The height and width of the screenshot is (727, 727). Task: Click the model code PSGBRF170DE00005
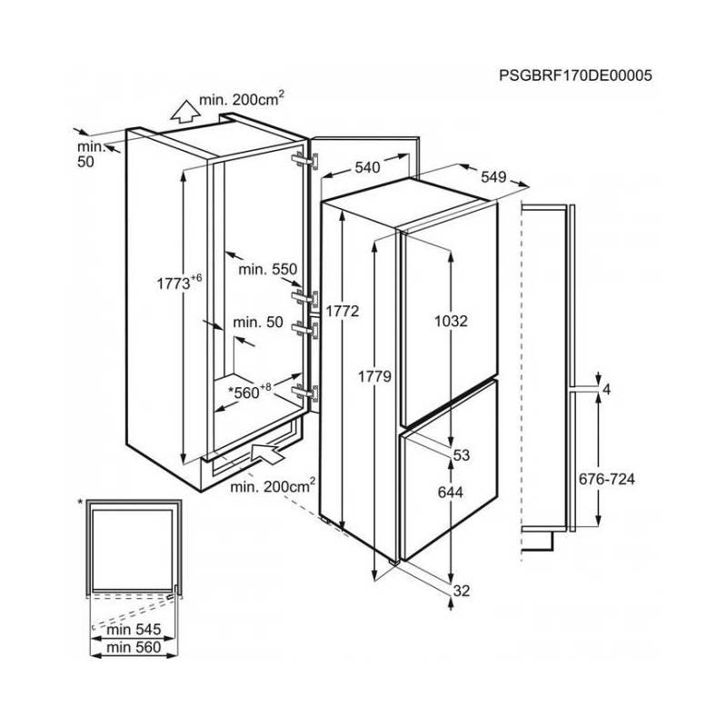coord(575,75)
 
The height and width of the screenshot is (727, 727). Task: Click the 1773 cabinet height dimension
coord(179,282)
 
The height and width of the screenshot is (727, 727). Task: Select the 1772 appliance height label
coord(343,311)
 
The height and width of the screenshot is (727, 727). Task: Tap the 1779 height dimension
coord(374,376)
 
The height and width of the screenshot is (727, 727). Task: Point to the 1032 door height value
coord(451,321)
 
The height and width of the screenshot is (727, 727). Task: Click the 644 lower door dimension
coord(450,492)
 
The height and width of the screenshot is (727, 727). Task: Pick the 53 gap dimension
coord(462,455)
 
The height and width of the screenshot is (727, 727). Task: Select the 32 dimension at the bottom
coord(462,591)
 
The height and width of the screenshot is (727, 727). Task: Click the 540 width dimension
coord(367,167)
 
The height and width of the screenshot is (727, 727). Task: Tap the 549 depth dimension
coord(493,176)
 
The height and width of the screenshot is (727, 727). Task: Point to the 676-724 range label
coord(606,479)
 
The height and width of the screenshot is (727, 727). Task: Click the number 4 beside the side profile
coord(606,390)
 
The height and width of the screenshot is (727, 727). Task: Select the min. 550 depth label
coord(267,269)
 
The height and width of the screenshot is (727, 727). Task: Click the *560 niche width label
coord(250,392)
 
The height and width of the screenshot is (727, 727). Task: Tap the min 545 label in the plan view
coord(134,629)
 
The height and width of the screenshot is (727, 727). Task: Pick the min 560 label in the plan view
coord(134,647)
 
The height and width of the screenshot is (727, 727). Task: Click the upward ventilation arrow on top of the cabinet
coord(185,112)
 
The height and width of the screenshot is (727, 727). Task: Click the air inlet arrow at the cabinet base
coord(268,451)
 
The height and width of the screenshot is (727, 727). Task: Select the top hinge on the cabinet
coord(305,161)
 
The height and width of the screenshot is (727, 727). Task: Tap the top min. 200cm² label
coord(241,99)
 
